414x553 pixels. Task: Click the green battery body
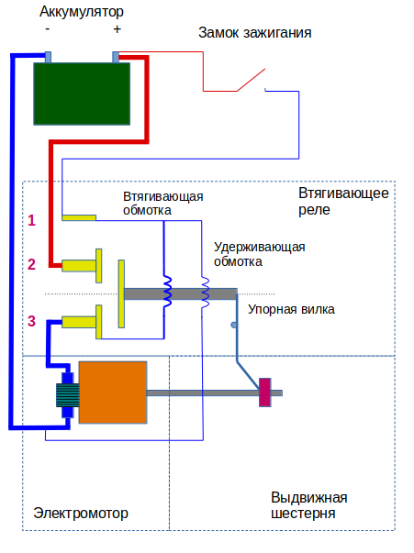tap(82, 94)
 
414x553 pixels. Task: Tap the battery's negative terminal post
tap(48, 57)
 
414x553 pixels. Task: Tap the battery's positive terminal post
tap(116, 57)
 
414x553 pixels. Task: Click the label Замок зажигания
tap(255, 33)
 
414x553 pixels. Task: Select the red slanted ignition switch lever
tap(251, 80)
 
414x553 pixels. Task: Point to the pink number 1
tap(32, 220)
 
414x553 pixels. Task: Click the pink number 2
tap(32, 264)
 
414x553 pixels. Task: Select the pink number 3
tap(32, 321)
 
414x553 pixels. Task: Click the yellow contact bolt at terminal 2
tap(82, 266)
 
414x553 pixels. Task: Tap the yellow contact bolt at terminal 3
tap(82, 322)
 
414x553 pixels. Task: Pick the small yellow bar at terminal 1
tap(79, 217)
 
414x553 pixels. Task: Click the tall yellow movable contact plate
tap(121, 293)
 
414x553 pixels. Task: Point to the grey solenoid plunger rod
tap(180, 293)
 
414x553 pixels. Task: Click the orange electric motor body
tap(113, 393)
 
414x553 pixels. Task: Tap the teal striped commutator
tap(68, 395)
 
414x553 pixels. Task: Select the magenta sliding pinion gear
tap(265, 393)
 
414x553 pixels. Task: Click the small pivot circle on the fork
tap(234, 325)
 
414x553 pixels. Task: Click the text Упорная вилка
tap(291, 309)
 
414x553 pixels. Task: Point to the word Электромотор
tap(81, 514)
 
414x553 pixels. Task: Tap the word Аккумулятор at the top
tap(82, 12)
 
